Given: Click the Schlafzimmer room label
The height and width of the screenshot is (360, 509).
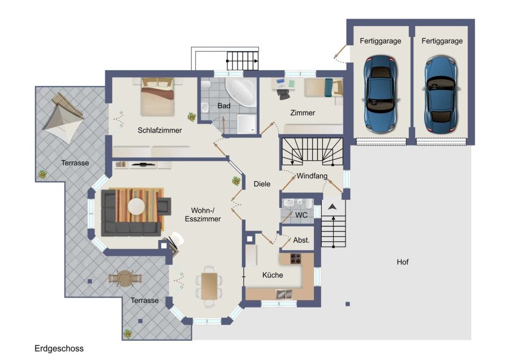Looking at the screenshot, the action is pos(159,130).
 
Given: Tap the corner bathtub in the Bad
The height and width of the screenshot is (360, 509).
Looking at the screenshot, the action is pos(241,91).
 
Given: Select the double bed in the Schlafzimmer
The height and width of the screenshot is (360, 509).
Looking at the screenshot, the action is pos(157,97).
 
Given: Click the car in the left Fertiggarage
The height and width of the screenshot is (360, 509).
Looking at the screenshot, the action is pos(380,94).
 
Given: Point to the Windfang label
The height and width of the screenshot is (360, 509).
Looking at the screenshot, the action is pos(312,176).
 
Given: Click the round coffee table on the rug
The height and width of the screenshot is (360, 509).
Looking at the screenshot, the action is pos(136,206).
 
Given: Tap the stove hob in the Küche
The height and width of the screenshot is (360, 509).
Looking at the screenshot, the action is pos(295,259).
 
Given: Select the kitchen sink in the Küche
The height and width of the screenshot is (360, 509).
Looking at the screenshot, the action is pos(284,294).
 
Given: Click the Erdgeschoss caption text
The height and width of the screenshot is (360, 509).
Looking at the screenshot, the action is pos(59,349).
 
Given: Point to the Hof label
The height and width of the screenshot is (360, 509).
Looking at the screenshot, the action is pos(403,262).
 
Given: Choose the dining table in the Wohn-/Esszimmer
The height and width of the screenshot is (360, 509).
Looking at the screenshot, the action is pos(209,286).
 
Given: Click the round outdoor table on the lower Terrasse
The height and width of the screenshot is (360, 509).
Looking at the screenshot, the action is pos(125,278).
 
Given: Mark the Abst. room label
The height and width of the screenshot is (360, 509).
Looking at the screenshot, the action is pos(301,240).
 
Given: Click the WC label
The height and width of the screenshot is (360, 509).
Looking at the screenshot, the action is pos(301,215).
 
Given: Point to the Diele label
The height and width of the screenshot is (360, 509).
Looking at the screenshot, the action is pos(262,184).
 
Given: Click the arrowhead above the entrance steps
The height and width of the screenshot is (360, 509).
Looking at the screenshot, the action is pos(332,207).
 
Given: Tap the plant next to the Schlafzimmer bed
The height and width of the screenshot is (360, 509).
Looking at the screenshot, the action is pos(192,117).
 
